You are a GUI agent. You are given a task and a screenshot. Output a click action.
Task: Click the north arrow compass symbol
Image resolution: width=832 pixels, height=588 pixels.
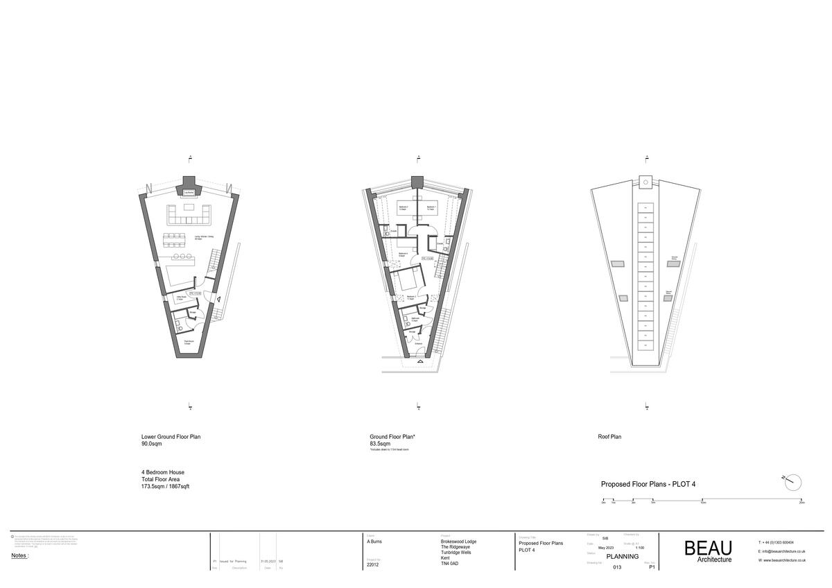792,481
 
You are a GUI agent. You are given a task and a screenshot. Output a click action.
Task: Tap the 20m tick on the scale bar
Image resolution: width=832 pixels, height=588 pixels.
802,500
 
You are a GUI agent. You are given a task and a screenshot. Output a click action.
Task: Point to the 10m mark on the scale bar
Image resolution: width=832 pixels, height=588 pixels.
703,500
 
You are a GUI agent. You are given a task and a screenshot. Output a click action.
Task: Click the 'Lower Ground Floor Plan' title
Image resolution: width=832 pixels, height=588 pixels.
171,437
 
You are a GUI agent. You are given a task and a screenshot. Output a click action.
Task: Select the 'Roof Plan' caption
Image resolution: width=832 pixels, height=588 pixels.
609,437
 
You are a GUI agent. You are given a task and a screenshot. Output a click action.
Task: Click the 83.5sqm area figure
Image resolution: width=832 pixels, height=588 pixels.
380,443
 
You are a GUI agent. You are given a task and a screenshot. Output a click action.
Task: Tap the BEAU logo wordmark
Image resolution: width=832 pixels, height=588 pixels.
708,548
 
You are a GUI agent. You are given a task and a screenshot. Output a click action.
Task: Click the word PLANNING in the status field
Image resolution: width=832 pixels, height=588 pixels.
623,556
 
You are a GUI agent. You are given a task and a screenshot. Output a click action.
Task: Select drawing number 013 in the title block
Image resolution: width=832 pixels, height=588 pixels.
617,567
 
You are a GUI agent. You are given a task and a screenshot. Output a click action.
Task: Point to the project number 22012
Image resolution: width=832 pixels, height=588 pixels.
373,565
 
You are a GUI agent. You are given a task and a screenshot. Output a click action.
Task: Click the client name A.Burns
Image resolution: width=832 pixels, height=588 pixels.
375,543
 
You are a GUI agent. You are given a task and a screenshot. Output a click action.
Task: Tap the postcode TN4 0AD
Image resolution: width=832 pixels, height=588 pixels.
450,563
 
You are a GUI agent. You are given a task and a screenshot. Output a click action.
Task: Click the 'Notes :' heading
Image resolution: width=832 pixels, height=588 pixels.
20,555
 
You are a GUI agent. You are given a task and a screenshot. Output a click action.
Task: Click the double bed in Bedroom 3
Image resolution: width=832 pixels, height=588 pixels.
406,279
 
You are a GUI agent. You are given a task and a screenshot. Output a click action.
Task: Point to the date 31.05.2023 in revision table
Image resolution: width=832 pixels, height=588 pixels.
268,561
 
